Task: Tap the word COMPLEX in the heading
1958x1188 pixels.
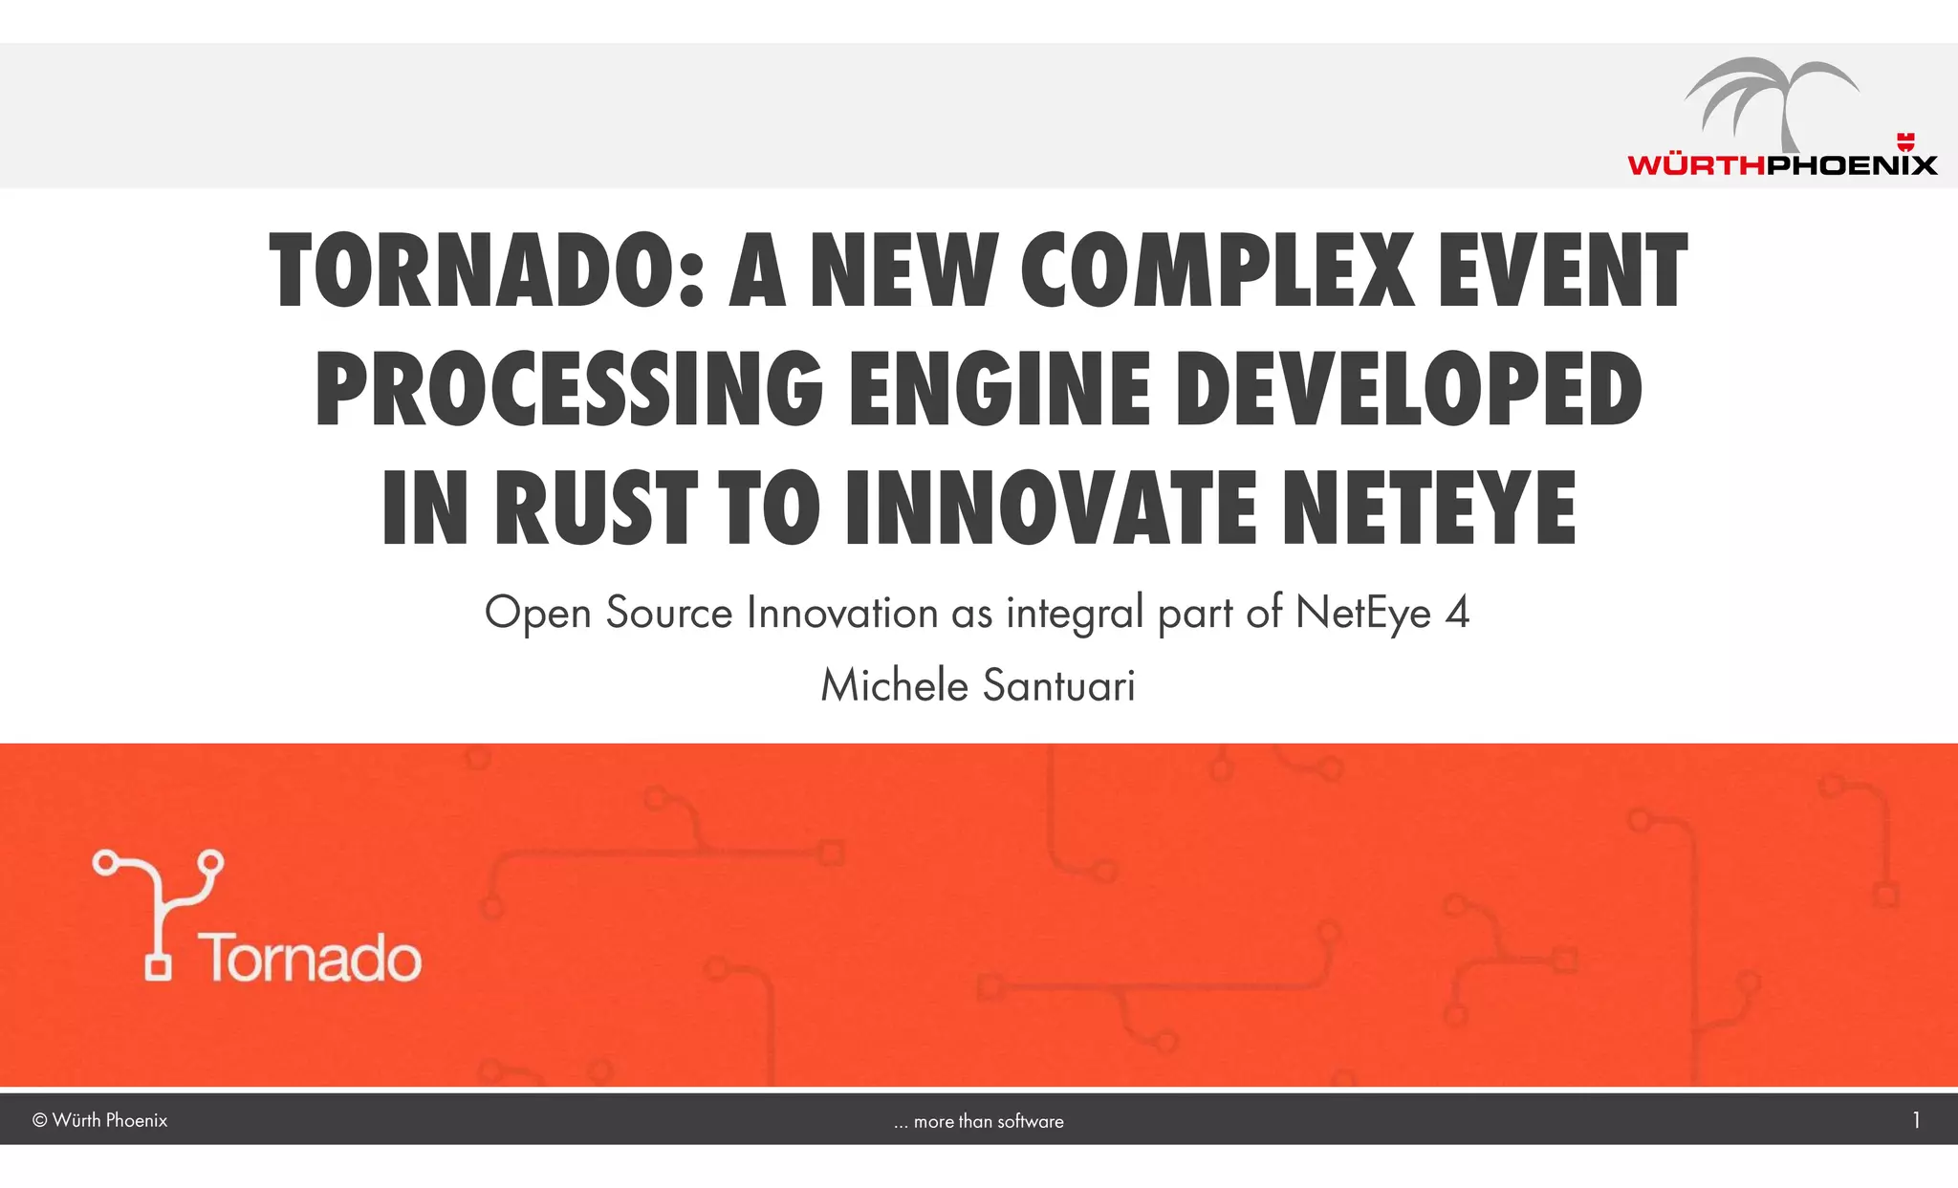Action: (x=1217, y=272)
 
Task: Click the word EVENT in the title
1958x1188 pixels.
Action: (x=1562, y=272)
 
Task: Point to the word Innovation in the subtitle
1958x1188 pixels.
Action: (x=841, y=613)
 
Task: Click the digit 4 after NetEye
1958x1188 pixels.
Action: (x=1457, y=613)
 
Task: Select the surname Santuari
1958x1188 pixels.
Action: (x=1058, y=685)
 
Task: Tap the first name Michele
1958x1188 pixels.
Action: (x=895, y=685)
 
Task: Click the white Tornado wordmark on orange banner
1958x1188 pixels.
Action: (x=310, y=959)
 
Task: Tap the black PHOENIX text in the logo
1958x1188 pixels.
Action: (x=1851, y=165)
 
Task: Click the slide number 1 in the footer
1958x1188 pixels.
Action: (x=1916, y=1120)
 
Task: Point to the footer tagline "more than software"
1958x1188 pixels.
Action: (x=988, y=1121)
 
